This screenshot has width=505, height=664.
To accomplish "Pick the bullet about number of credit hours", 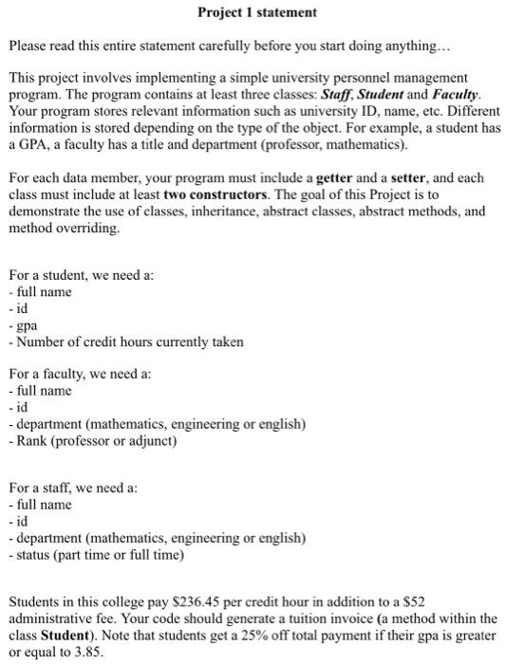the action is pos(125,341).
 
